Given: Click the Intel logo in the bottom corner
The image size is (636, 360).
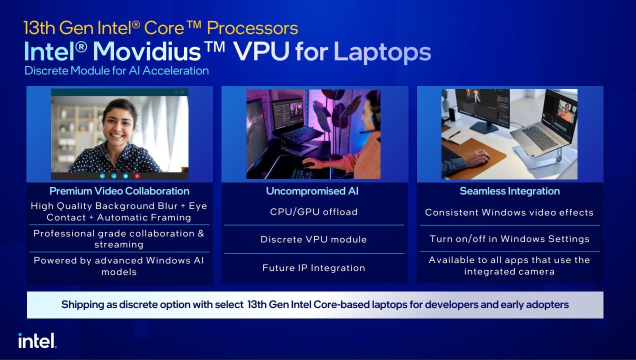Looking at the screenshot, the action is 37,340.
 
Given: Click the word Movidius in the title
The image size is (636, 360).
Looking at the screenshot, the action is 147,51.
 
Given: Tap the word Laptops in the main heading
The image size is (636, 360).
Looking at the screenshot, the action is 382,52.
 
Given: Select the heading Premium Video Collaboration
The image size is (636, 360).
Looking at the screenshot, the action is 119,191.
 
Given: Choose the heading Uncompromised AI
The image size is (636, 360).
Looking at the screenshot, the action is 312,191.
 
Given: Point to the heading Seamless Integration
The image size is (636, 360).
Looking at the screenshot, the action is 509,191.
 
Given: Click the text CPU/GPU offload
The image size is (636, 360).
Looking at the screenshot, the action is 313,212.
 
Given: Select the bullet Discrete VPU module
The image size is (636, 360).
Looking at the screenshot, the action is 313,239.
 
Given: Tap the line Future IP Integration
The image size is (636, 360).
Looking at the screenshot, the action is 313,267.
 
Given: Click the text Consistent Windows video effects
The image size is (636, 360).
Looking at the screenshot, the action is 509,212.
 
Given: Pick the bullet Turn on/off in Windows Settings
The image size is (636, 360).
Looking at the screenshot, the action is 509,239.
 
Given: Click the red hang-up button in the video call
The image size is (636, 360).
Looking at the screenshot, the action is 137,176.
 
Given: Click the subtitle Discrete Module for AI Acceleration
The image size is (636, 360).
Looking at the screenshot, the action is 116,70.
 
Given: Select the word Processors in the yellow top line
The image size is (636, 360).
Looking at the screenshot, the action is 252,28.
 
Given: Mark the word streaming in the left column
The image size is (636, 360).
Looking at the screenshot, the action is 119,244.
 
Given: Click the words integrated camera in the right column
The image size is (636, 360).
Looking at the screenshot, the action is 509,271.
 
